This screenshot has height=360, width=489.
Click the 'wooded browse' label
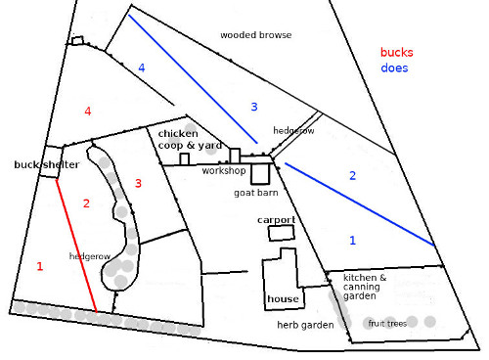click(x=255, y=35)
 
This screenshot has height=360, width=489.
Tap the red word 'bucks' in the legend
click(x=398, y=53)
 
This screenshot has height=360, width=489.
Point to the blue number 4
click(x=142, y=67)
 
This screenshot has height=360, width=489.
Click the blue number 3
click(x=253, y=106)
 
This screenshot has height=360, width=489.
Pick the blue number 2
click(x=353, y=175)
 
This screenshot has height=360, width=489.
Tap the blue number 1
click(x=353, y=239)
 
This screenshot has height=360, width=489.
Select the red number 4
click(x=88, y=112)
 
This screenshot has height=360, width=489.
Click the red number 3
click(x=138, y=183)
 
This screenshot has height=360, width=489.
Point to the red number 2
click(x=86, y=203)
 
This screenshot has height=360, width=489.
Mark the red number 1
click(x=40, y=265)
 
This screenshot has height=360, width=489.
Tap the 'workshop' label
click(x=223, y=171)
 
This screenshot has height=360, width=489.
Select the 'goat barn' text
click(x=256, y=194)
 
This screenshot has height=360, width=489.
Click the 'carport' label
click(x=277, y=220)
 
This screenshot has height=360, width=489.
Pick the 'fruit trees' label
click(x=386, y=323)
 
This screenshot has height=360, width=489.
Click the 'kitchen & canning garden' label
click(x=365, y=286)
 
